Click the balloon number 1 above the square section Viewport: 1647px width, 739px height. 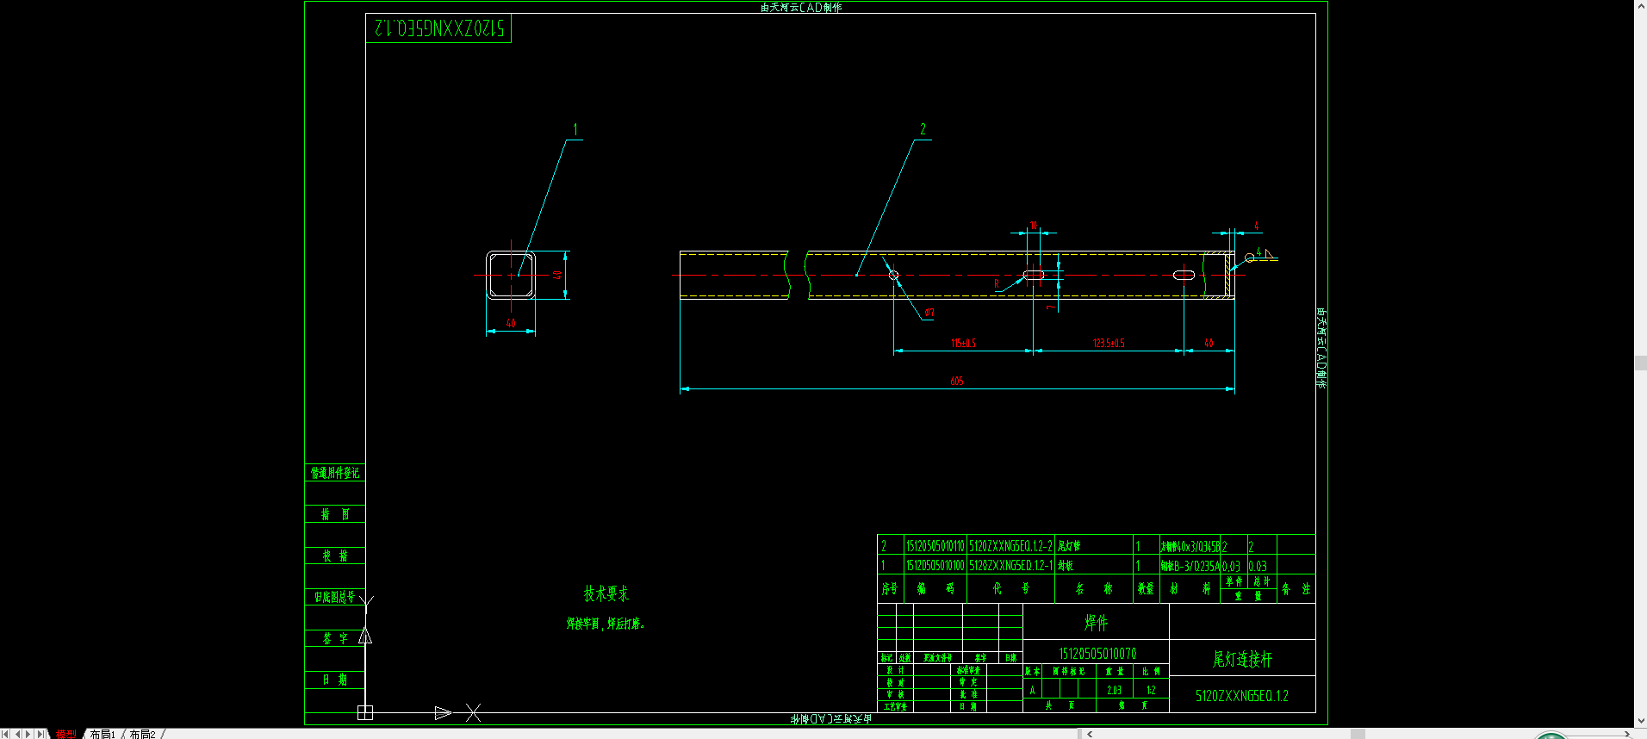575,130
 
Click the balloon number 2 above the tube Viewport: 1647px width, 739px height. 923,129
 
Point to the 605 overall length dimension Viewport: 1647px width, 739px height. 956,381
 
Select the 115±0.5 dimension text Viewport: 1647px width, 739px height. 963,343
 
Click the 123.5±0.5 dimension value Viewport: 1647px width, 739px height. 1109,343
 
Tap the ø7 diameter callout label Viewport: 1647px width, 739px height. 929,313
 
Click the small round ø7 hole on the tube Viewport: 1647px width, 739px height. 893,275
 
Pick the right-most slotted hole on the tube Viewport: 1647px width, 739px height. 1184,275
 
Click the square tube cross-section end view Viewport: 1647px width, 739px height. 511,275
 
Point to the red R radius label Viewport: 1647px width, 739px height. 997,283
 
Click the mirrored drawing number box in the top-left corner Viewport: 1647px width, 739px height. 438,28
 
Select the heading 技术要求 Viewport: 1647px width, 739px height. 606,593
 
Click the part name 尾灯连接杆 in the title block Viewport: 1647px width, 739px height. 1241,659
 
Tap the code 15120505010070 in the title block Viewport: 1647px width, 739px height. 1097,654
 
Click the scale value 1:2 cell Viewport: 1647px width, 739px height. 1151,690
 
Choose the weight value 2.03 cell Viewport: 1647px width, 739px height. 1114,690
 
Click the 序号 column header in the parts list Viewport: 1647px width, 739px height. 889,588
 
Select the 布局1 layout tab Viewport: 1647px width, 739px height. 103,734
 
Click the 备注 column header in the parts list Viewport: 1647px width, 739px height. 1296,588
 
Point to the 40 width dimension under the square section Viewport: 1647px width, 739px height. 511,323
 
